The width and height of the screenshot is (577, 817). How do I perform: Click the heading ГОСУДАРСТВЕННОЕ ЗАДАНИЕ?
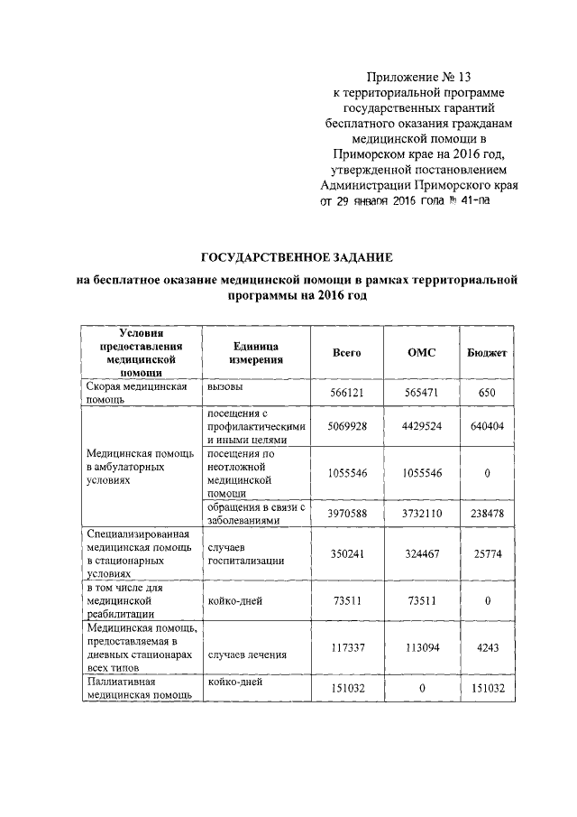(x=298, y=258)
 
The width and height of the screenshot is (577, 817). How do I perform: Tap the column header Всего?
(x=346, y=352)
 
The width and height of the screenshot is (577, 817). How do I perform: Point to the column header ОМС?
(x=421, y=352)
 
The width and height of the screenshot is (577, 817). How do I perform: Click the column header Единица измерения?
(x=255, y=352)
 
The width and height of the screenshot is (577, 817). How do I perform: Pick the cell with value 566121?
(x=347, y=395)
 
